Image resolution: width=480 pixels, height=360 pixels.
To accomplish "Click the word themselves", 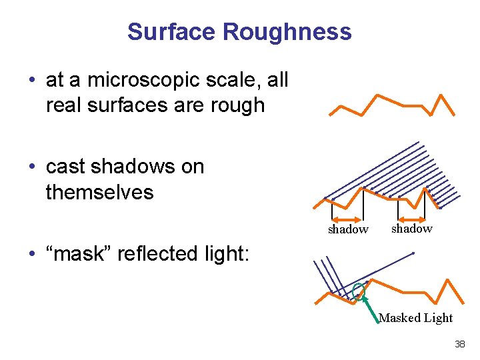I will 99,193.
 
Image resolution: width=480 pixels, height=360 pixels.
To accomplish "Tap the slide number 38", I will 459,345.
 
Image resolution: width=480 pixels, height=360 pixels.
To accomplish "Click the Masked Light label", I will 415,318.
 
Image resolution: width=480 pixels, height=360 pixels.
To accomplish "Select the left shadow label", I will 347,230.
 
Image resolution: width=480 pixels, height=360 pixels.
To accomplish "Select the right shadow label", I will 411,229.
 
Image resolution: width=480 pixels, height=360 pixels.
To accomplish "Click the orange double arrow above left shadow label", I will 347,219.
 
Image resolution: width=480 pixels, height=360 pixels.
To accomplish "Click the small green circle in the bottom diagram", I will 359,290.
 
